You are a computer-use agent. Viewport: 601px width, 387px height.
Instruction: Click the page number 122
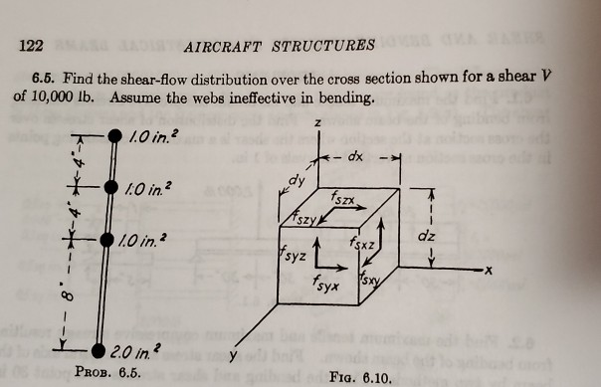click(32, 44)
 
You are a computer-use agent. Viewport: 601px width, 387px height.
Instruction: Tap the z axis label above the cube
click(316, 122)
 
